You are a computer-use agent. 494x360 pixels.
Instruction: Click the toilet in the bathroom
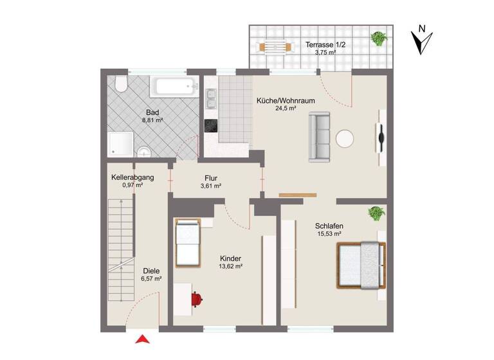[120, 85]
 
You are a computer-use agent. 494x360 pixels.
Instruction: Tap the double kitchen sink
[210, 99]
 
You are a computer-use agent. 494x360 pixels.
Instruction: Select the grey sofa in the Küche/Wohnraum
[319, 137]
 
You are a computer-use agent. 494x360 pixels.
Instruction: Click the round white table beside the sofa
[345, 139]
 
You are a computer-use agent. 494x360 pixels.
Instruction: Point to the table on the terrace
[273, 46]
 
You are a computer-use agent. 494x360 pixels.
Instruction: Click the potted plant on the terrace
[378, 39]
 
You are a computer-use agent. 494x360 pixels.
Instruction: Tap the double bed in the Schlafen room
[363, 265]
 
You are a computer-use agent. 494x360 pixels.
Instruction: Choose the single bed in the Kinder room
[188, 242]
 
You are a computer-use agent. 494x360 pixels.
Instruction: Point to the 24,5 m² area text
[285, 109]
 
